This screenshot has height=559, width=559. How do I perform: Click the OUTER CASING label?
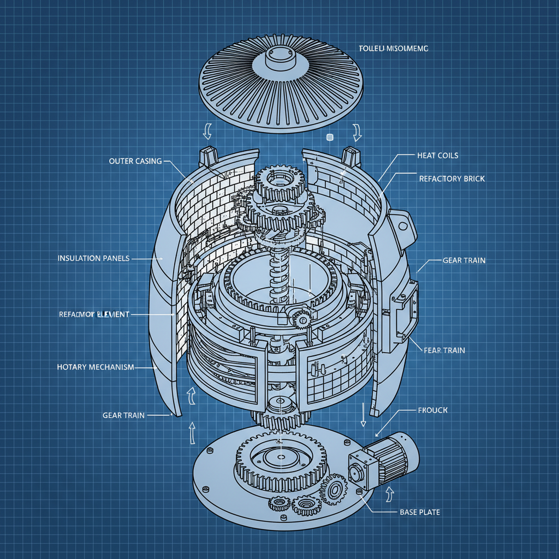[135, 161]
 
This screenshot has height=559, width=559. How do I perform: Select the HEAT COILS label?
[437, 156]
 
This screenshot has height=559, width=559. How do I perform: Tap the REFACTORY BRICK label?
[451, 179]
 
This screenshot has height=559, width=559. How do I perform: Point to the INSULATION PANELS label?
[93, 258]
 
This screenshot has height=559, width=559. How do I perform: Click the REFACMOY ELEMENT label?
[93, 314]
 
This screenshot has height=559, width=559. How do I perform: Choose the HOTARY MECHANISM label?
[96, 367]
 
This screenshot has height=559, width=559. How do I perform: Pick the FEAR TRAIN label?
[444, 350]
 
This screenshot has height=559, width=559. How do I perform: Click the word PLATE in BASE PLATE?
[429, 513]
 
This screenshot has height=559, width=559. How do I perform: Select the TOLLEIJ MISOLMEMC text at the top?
[394, 49]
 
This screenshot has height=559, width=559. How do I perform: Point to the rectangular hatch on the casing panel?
[405, 310]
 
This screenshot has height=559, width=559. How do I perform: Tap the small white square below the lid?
[329, 137]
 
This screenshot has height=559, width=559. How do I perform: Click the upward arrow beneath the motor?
[389, 493]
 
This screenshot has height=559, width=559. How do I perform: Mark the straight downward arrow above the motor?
[363, 415]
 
